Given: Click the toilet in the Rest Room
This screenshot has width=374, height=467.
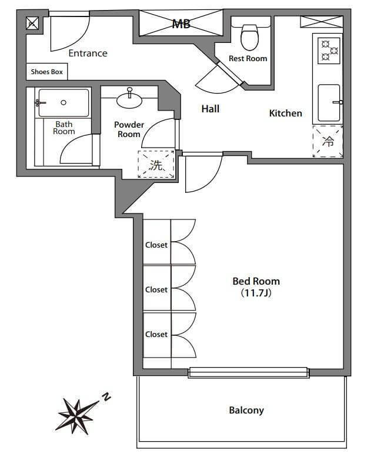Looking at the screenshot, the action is pos(249,38).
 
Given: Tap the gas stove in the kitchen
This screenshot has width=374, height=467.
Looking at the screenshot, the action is pos(329,51).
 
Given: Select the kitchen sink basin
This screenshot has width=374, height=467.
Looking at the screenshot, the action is pos(329,103).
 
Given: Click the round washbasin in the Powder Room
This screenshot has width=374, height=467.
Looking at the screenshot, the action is pos(129,100).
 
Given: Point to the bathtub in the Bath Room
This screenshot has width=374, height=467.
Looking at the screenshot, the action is pos(64,103).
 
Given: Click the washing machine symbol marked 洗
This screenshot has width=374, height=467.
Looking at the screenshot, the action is pos(156,164).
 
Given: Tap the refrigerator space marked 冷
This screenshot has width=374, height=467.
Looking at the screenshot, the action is pos(328,142).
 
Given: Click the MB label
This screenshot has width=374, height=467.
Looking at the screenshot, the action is pos(181,24).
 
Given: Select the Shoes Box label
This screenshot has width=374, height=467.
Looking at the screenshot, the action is pos(47,72).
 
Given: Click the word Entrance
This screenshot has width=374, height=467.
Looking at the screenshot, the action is pos(88,54).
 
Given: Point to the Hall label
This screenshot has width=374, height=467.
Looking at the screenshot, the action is pos(211,109).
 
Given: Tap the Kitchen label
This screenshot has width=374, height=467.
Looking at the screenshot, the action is pos(286,113).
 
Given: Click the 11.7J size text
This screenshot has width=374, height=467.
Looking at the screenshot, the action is pos(256,293).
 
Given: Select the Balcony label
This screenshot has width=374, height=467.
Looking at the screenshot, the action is pos(246,411).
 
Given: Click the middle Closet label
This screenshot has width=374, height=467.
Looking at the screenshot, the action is pos(156,290).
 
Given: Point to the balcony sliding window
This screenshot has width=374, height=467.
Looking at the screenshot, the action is pos(249,372).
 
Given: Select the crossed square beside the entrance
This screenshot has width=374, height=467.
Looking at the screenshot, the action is pos(32,23).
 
